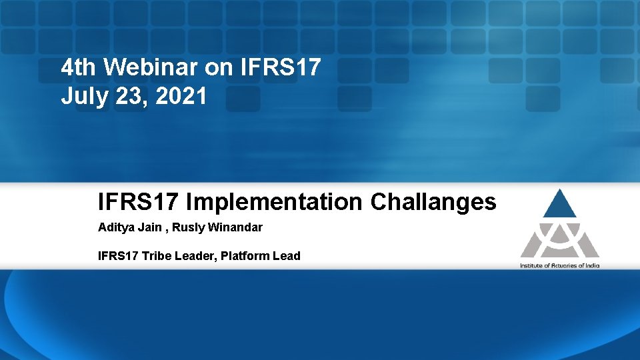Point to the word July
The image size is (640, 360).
[82, 97]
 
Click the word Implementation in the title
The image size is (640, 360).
[274, 201]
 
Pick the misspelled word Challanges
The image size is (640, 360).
[433, 201]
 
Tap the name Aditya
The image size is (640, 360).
[115, 227]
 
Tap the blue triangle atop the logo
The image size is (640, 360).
[559, 203]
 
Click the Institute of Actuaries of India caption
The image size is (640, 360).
[559, 265]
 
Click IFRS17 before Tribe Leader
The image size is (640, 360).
[115, 256]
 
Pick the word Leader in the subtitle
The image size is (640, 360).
[187, 256]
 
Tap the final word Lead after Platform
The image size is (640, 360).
[287, 256]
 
